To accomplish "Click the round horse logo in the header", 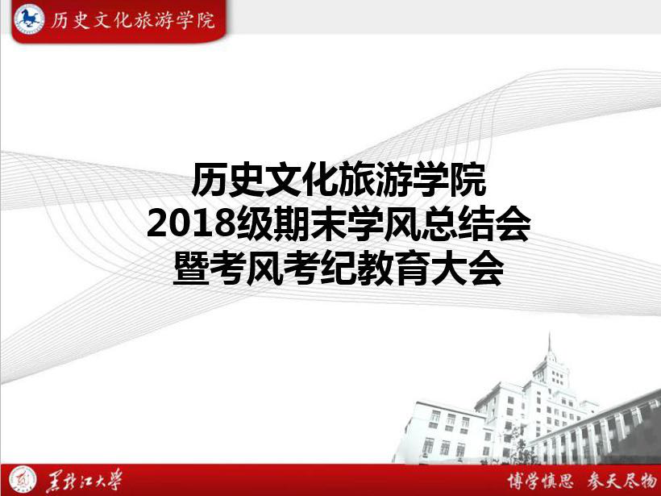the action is (x=29, y=19).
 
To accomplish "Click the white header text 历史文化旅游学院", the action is (x=133, y=20).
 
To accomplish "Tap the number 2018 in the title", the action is (x=190, y=223).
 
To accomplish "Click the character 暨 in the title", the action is (x=191, y=269).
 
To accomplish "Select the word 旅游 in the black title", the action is (x=376, y=180).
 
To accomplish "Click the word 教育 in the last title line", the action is (x=394, y=269).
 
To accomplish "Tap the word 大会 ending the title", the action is (x=468, y=269).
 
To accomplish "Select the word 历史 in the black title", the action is (x=229, y=180).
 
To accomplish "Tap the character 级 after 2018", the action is (x=254, y=224).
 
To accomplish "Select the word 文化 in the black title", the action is (x=302, y=180).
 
